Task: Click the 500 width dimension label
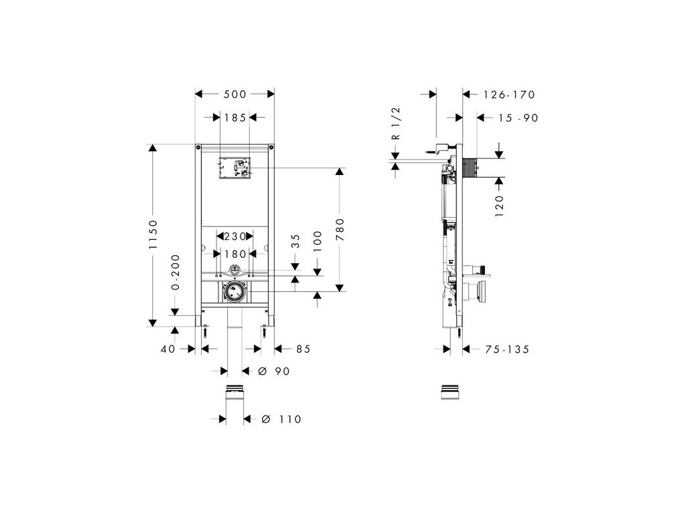[234, 94]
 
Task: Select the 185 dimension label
[234, 117]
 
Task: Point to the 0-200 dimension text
[175, 271]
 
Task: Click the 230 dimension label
[234, 236]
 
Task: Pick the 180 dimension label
[234, 253]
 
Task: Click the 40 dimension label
[167, 348]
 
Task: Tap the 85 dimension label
[303, 348]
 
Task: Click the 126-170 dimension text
[509, 95]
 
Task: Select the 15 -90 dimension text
[518, 118]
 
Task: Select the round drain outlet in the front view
[234, 292]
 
